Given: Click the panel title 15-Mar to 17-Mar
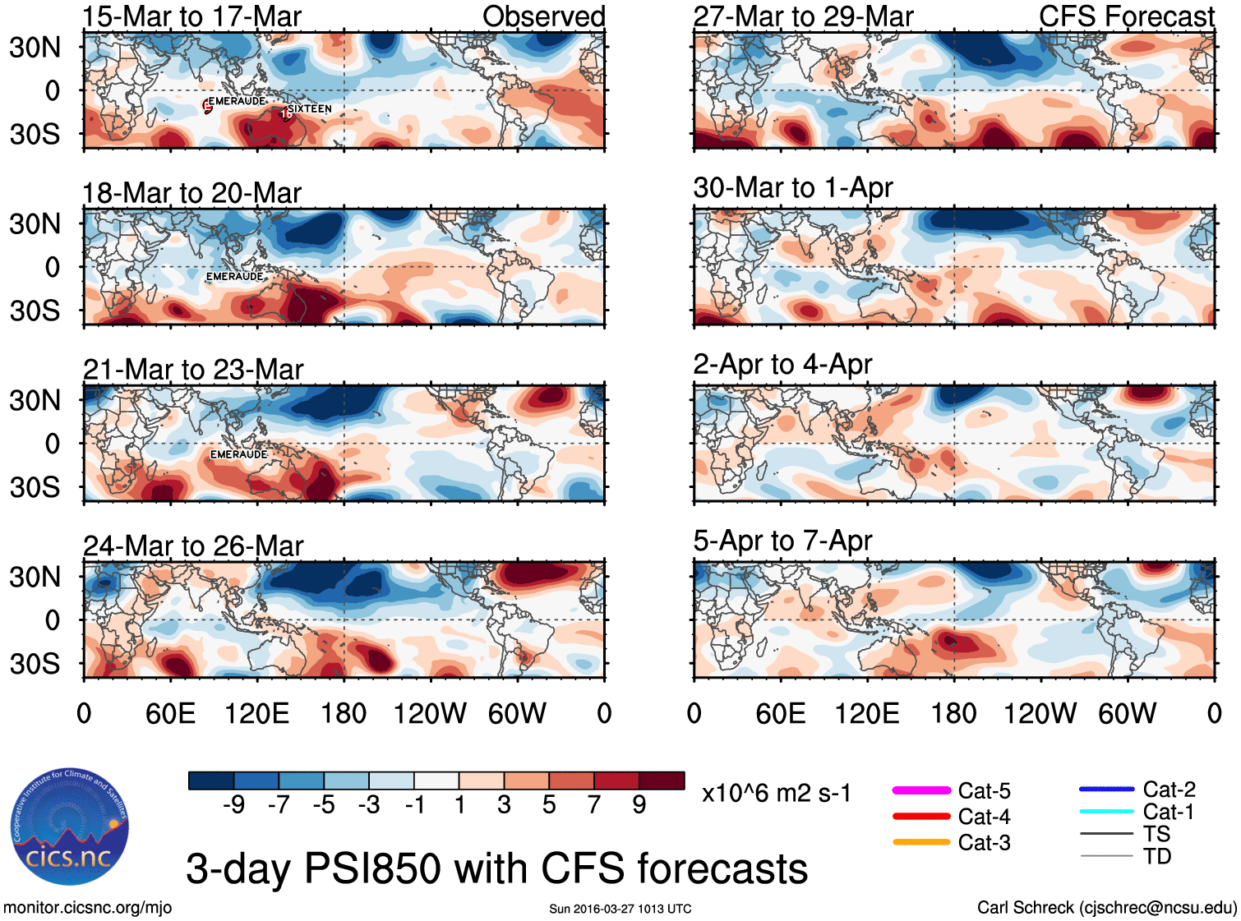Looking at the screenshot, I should (x=191, y=16).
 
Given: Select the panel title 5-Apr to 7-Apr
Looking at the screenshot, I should (x=782, y=541).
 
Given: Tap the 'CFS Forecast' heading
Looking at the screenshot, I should (x=1126, y=16).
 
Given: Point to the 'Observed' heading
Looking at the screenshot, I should (x=543, y=16).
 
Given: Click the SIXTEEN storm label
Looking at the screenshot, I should (x=310, y=108).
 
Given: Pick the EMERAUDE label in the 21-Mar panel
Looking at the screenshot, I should (x=238, y=454).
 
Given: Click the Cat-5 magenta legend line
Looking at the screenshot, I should (x=921, y=790).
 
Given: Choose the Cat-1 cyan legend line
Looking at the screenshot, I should (x=1106, y=812).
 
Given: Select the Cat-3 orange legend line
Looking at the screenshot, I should (x=921, y=842).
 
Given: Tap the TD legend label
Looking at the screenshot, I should (x=1157, y=856).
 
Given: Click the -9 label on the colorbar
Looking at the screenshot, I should (x=234, y=804).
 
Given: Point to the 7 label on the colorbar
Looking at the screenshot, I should (x=594, y=804).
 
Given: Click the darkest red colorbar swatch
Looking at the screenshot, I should (x=662, y=781).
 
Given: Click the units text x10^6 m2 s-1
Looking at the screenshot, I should (x=776, y=794).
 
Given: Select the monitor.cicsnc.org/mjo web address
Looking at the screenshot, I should (x=88, y=908).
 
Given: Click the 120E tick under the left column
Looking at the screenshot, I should (x=256, y=713).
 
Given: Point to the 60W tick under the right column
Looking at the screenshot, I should (x=1127, y=713).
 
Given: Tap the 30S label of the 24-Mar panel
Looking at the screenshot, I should (x=35, y=663).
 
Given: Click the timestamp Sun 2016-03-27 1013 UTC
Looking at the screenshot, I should (x=620, y=909).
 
